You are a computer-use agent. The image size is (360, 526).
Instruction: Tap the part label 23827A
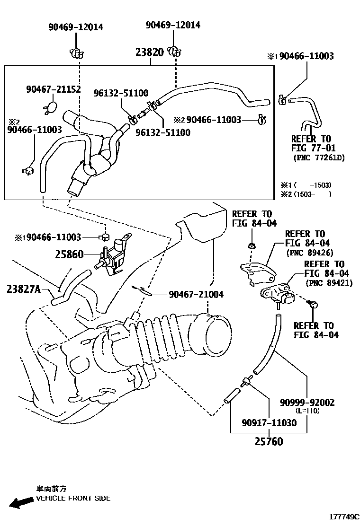(27, 288)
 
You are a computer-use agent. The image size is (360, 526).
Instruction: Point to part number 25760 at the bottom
(268, 442)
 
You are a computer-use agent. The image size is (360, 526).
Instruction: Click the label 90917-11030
(269, 422)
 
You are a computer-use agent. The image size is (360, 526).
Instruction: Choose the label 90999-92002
(307, 403)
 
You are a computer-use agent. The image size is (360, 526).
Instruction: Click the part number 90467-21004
(196, 294)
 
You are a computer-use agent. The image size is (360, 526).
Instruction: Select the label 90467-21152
(53, 89)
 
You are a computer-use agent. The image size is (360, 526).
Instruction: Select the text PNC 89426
(310, 253)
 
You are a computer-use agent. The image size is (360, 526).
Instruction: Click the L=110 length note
(307, 411)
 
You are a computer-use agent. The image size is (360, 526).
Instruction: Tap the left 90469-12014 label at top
(76, 27)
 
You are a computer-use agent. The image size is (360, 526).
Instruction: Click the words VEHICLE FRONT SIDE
(73, 498)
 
